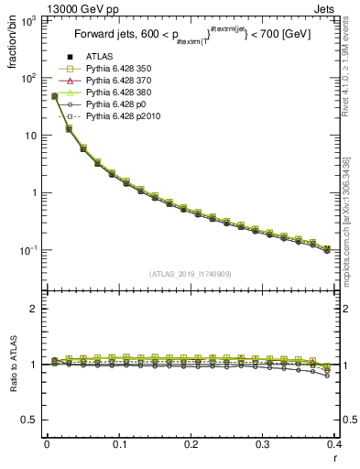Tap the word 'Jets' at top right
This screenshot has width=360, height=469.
click(x=325, y=8)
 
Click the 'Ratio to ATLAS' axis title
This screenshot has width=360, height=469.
click(x=14, y=364)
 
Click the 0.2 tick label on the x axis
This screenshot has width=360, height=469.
click(x=191, y=444)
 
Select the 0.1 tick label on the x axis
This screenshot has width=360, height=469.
click(x=118, y=444)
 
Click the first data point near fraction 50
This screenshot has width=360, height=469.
click(x=54, y=96)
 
